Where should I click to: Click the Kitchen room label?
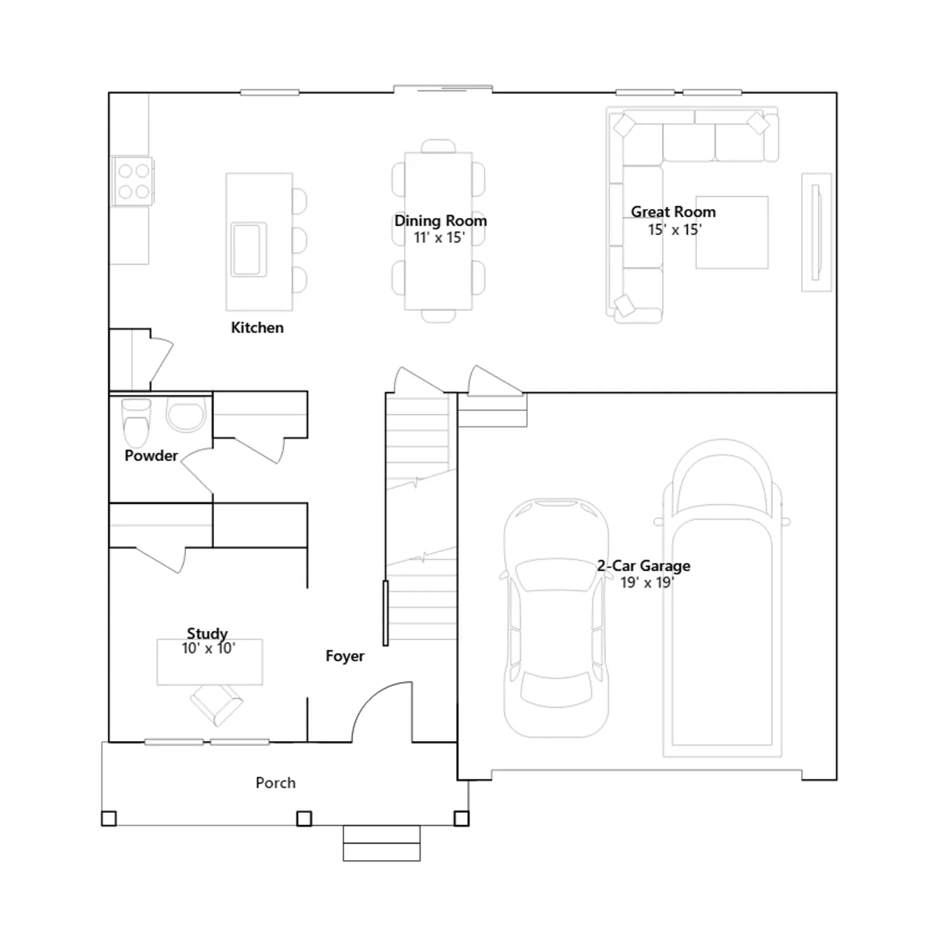pyautogui.click(x=257, y=327)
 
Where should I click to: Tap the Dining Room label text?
pyautogui.click(x=441, y=221)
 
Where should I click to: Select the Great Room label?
pyautogui.click(x=673, y=211)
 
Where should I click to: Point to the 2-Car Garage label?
pyautogui.click(x=643, y=565)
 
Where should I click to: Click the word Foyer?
pyautogui.click(x=345, y=656)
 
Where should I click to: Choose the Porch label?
pyautogui.click(x=275, y=783)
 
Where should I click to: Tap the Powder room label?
pyautogui.click(x=151, y=455)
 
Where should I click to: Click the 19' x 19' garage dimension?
pyautogui.click(x=647, y=582)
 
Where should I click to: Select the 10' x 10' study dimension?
pyautogui.click(x=208, y=649)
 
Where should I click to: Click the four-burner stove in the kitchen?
pyautogui.click(x=133, y=181)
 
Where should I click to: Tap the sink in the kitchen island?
pyautogui.click(x=249, y=249)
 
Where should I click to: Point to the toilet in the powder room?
pyautogui.click(x=136, y=423)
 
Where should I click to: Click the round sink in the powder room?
pyautogui.click(x=186, y=415)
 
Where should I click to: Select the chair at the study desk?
pyautogui.click(x=216, y=705)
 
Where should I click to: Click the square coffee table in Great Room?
pyautogui.click(x=732, y=233)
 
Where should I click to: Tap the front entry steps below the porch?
pyautogui.click(x=382, y=843)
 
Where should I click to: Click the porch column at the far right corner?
pyautogui.click(x=461, y=819)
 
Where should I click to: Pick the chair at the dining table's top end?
pyautogui.click(x=438, y=146)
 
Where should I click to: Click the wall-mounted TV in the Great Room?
pyautogui.click(x=816, y=232)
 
